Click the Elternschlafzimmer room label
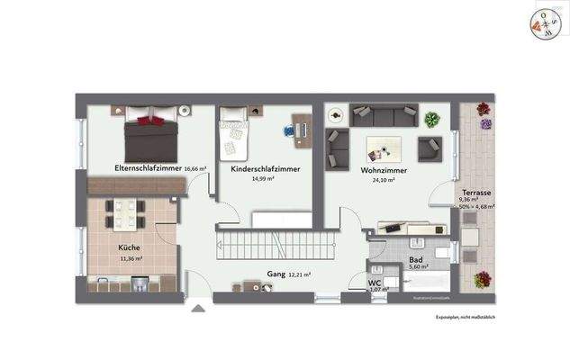[x=148, y=168]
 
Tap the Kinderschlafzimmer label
[x=265, y=169]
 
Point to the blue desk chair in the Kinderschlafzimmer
[x=289, y=130]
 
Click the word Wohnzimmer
[x=385, y=169]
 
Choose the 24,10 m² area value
[x=385, y=179]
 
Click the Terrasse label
[x=477, y=193]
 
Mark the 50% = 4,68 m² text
[x=477, y=207]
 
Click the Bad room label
[x=415, y=257]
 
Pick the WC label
[x=375, y=283]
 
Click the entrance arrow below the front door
[x=197, y=308]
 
